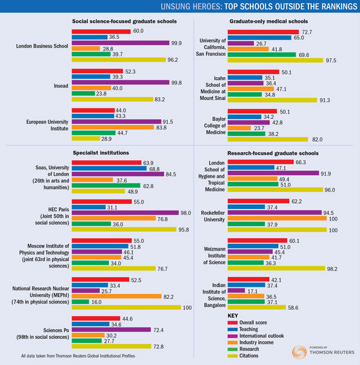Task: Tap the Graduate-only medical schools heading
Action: coord(265,22)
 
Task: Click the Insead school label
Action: coord(59,85)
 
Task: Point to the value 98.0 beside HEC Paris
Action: coord(186,212)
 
